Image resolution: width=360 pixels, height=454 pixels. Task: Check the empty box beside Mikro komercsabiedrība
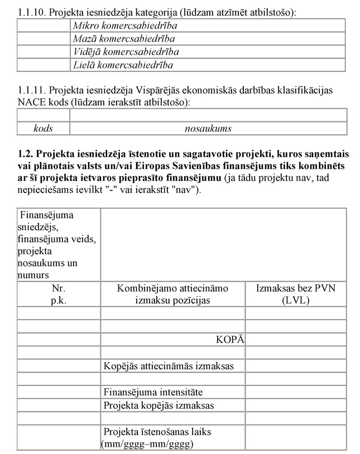click(x=44, y=26)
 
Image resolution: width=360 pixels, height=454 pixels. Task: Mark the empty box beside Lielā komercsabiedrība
click(x=44, y=65)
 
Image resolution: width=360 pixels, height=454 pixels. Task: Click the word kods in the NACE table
click(x=43, y=128)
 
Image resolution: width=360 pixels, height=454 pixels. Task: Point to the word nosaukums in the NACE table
click(x=208, y=128)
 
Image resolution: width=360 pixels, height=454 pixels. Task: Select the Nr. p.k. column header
click(x=59, y=294)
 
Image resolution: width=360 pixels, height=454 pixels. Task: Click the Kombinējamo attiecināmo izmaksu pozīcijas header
click(x=172, y=294)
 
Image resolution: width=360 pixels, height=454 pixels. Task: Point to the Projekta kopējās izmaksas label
click(x=159, y=405)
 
